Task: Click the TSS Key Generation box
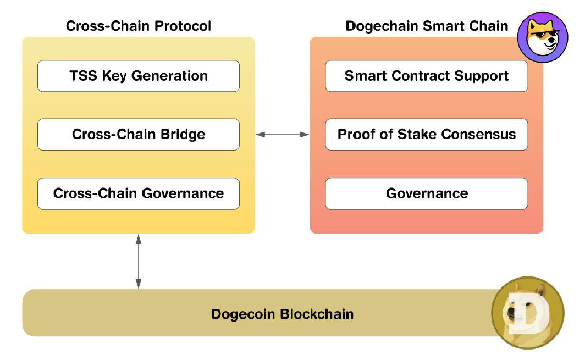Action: pos(138,76)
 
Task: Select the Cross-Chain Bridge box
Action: pos(138,134)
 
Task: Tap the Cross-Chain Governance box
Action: pos(138,193)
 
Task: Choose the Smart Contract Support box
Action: pos(426,76)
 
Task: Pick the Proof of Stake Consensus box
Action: pos(426,134)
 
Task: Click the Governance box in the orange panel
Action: pos(426,193)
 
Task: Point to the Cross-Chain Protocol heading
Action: pos(139,26)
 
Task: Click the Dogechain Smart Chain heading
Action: pos(426,26)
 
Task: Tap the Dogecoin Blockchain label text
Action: pos(282,314)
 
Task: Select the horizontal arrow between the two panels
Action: pos(283,134)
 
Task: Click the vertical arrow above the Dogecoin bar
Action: pos(138,261)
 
